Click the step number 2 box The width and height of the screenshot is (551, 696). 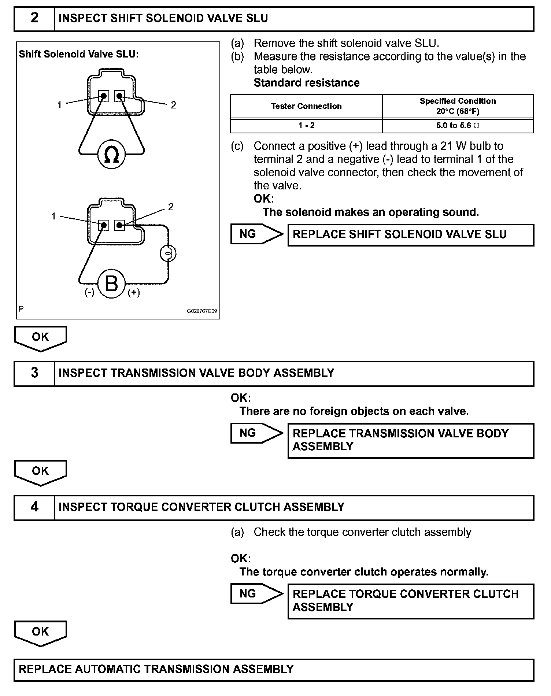pyautogui.click(x=34, y=18)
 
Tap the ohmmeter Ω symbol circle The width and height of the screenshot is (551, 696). pyautogui.click(x=111, y=154)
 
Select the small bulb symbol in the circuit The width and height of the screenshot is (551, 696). pyautogui.click(x=168, y=253)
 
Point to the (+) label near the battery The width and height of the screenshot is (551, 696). pyautogui.click(x=134, y=292)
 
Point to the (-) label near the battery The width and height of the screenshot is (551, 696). pyautogui.click(x=89, y=292)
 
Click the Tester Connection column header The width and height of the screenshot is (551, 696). pyautogui.click(x=306, y=106)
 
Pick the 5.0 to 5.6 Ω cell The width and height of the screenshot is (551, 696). pyautogui.click(x=458, y=126)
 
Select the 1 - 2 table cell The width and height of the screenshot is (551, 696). pyautogui.click(x=306, y=126)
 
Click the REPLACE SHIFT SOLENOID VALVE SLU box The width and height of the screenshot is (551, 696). pyautogui.click(x=410, y=235)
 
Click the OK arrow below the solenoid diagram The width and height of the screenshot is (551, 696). pyautogui.click(x=40, y=338)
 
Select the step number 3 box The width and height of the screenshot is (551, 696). pyautogui.click(x=34, y=373)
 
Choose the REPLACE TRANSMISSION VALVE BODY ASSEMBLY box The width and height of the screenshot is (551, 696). pyautogui.click(x=410, y=440)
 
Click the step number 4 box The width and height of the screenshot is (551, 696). pyautogui.click(x=34, y=507)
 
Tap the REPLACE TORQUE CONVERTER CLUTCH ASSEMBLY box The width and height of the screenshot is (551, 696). pyautogui.click(x=410, y=601)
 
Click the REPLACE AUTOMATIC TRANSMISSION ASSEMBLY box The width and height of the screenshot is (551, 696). pyautogui.click(x=274, y=670)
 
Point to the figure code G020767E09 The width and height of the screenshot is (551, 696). pyautogui.click(x=202, y=311)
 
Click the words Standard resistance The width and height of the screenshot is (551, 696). pyautogui.click(x=307, y=83)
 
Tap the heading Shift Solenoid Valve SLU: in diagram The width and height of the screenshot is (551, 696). pyautogui.click(x=79, y=55)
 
